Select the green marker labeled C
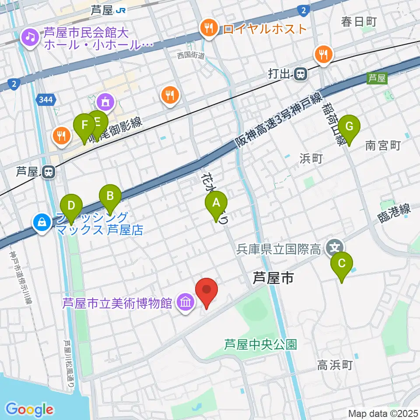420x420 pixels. (342, 264)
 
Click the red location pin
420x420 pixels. (206, 290)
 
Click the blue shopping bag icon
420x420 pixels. (42, 223)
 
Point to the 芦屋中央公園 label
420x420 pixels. (260, 344)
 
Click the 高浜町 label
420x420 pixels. (335, 365)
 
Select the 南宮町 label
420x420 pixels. (383, 146)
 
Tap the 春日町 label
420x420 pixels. (359, 21)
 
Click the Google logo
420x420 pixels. (29, 409)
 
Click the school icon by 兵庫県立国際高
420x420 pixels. (335, 248)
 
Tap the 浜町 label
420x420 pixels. (311, 158)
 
